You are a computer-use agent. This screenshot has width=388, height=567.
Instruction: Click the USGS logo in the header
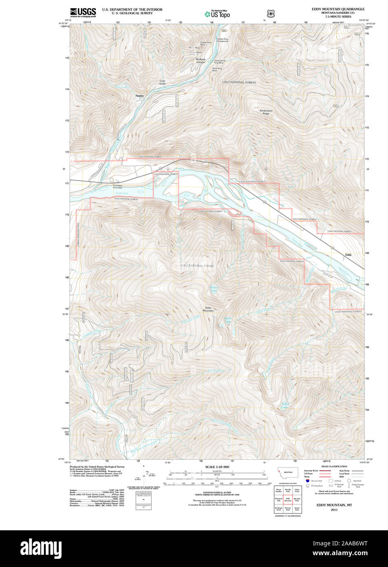[83, 12]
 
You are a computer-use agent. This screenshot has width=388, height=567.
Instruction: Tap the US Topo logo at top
[217, 13]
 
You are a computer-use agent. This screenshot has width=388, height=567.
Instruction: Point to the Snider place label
[140, 96]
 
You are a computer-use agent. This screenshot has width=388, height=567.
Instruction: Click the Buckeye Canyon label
[201, 61]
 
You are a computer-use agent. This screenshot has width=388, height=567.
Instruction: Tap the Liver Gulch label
[163, 82]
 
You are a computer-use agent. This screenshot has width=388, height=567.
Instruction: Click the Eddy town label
[348, 255]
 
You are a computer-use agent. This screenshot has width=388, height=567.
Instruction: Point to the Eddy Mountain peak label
[209, 309]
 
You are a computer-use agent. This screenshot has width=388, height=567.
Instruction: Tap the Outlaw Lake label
[214, 288]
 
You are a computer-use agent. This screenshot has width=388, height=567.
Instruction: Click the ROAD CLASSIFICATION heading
[334, 466]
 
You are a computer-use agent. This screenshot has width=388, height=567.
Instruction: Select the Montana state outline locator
[288, 472]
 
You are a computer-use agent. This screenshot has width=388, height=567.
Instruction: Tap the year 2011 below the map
[334, 510]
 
